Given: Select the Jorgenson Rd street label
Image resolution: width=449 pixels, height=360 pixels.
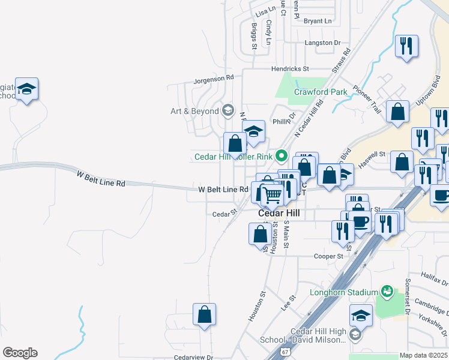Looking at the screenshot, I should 213,79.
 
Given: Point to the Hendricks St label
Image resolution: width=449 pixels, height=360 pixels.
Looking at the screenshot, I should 289,69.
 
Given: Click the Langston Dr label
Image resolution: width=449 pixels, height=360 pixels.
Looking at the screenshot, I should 322,43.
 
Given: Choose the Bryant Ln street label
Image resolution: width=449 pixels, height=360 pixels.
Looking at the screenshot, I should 318,21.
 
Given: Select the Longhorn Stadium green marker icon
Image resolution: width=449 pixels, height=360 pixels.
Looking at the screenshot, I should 387,292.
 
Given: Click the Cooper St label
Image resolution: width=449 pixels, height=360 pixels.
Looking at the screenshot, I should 328,256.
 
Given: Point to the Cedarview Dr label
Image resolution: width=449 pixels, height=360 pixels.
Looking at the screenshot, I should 193,357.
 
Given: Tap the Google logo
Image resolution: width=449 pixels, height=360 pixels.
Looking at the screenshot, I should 20,353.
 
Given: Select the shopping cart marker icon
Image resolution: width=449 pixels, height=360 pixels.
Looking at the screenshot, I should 273,194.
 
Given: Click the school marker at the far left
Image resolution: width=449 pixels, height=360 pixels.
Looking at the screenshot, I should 27,89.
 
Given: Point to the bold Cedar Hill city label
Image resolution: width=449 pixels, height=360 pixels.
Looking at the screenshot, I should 279,213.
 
